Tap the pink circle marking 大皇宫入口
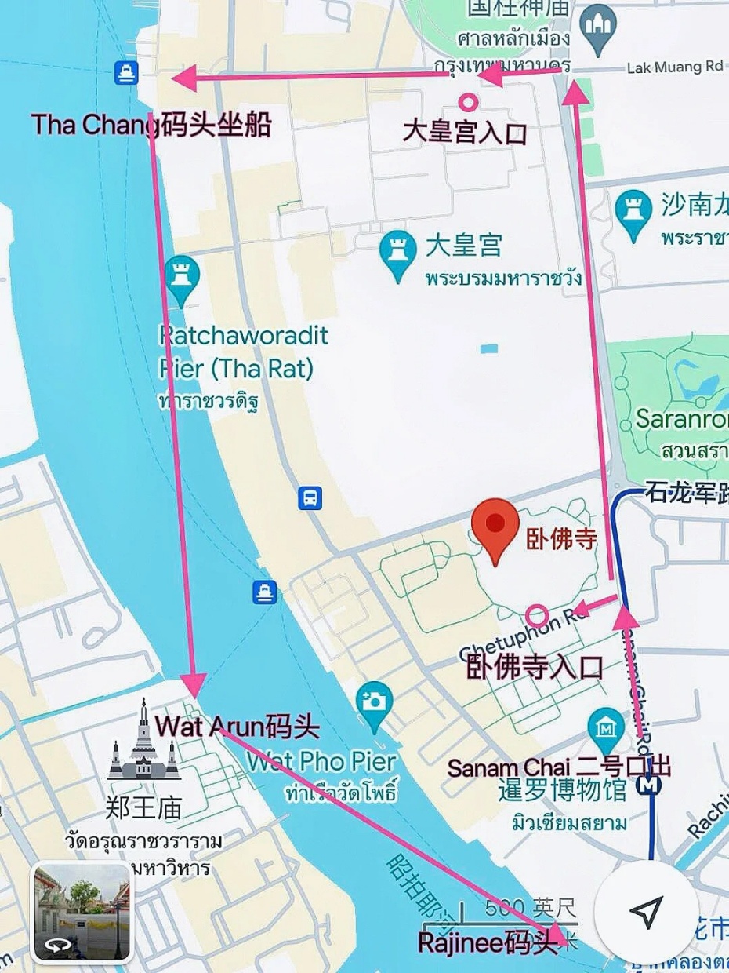468,101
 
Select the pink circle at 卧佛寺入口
536,616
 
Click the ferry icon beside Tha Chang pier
125,73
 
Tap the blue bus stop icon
310,497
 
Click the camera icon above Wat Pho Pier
374,699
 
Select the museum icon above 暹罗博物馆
605,725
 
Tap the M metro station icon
649,783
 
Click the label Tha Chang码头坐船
151,125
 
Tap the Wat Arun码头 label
238,727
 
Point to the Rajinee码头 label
488,942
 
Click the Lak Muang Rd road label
674,67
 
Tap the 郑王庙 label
143,807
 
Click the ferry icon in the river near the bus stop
265,592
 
